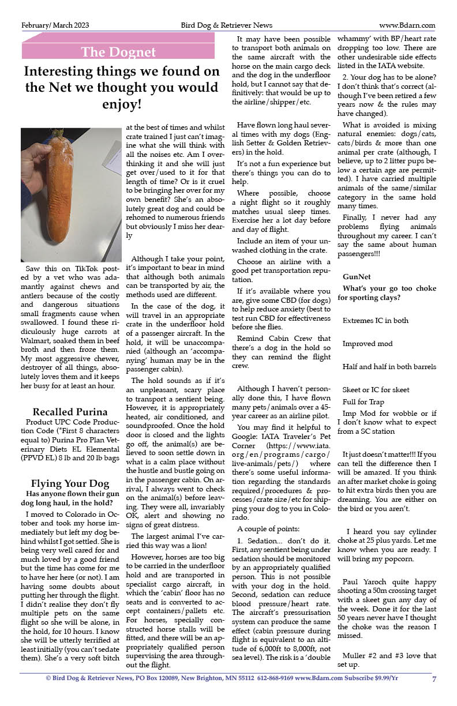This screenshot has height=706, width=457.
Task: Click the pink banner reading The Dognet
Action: (x=118, y=52)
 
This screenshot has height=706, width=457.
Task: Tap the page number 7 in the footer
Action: (x=434, y=678)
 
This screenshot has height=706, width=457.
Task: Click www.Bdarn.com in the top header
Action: (x=407, y=25)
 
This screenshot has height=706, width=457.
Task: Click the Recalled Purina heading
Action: (x=70, y=412)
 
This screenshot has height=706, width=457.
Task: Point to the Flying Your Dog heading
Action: (x=70, y=483)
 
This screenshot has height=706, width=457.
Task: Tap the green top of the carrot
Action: (x=58, y=134)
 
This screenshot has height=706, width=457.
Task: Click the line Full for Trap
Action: (x=363, y=402)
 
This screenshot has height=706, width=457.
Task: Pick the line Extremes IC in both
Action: (x=375, y=321)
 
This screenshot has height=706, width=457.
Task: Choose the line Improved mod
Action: (x=367, y=344)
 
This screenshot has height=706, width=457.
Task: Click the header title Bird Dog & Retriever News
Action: (x=226, y=25)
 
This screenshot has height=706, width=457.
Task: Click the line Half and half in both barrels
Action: (x=389, y=367)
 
